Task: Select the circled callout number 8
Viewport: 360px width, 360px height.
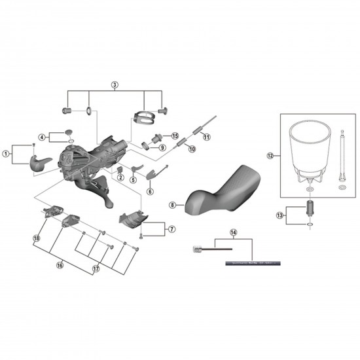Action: click(172, 205)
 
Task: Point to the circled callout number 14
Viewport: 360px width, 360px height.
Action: click(234, 232)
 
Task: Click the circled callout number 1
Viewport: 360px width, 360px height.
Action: click(7, 154)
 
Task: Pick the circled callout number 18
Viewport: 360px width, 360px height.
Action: click(37, 239)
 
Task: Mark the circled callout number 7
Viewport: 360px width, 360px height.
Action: click(172, 230)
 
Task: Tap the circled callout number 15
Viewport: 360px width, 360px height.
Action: click(175, 135)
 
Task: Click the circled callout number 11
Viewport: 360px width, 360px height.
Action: click(206, 137)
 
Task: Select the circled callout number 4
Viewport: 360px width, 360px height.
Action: click(42, 137)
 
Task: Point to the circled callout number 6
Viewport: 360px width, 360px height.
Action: click(150, 191)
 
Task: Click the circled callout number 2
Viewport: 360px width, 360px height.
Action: click(121, 178)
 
